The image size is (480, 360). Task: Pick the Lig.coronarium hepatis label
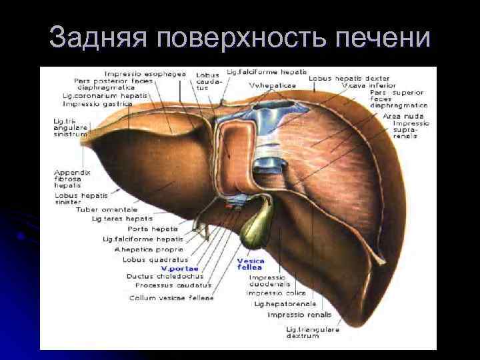[105, 96]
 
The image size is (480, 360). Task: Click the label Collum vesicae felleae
[172, 297]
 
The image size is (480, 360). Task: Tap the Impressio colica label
[276, 293]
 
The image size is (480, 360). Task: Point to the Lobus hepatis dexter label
[349, 79]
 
